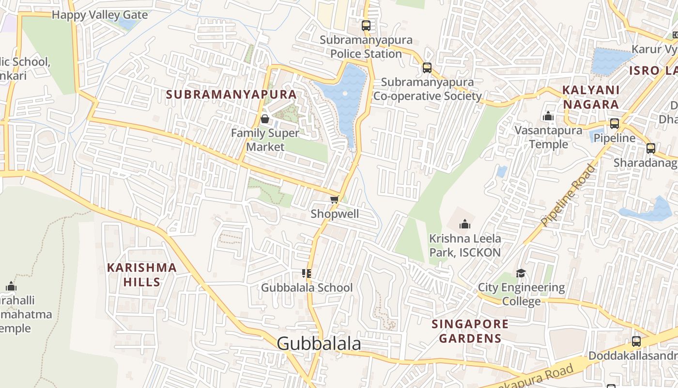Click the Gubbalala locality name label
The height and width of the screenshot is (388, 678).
[x=319, y=343]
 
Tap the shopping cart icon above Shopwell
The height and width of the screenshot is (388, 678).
[x=334, y=199]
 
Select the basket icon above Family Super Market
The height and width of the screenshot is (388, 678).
[x=265, y=119]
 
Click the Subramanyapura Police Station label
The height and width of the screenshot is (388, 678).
[x=366, y=47]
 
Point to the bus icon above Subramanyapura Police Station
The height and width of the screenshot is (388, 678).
[x=366, y=26]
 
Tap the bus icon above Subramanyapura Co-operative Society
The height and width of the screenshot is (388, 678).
[x=427, y=68]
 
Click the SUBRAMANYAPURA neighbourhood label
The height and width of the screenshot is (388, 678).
[x=231, y=94]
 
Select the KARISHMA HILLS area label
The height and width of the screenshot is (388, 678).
[x=141, y=275]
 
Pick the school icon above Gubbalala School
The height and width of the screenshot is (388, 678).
[x=306, y=274]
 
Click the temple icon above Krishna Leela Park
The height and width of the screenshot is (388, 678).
[x=465, y=224]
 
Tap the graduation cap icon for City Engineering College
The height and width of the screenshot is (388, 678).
[x=521, y=274]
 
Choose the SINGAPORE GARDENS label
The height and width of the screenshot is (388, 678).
[x=470, y=331]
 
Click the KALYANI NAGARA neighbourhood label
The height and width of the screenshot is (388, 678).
[x=590, y=97]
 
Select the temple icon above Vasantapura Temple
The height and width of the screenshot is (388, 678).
[x=548, y=116]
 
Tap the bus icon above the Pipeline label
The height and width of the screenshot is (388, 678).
[x=614, y=124]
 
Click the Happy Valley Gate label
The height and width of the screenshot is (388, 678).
[x=100, y=15]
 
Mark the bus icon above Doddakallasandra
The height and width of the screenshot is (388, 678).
[x=636, y=341]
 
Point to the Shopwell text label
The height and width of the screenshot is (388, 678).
[x=335, y=214]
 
